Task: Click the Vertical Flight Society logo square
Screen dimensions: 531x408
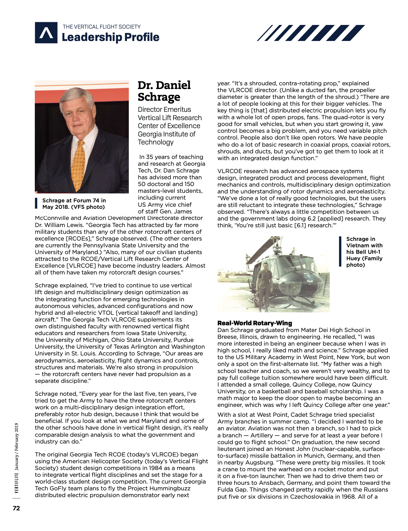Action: (46, 33)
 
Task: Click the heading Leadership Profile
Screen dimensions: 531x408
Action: (110, 37)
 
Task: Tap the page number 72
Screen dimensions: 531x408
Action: (16, 508)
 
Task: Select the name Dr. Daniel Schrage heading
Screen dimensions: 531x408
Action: (164, 91)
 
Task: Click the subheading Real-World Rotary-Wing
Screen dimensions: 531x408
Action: (255, 323)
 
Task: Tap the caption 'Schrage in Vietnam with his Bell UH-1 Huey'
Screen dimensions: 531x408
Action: (364, 252)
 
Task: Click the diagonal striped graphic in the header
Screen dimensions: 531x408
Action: (311, 33)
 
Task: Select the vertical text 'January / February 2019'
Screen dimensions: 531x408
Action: (17, 446)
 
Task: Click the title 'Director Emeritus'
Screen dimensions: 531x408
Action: (164, 109)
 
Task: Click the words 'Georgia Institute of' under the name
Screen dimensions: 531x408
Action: (166, 134)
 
